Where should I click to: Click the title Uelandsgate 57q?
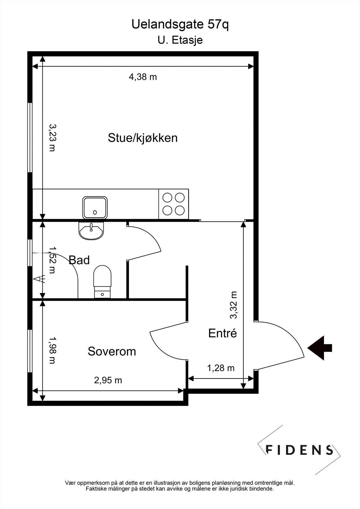[180, 25]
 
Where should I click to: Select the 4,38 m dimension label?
[143, 77]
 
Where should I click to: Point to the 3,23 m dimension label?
[52, 137]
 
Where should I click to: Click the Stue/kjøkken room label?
[143, 138]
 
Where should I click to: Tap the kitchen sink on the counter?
[95, 207]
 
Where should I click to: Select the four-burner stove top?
[173, 204]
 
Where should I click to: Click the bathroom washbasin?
[91, 230]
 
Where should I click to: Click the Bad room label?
[79, 260]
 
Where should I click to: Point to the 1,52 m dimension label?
[52, 260]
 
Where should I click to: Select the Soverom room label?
[112, 352]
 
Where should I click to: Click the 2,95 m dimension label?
[108, 380]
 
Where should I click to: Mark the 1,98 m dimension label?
[52, 350]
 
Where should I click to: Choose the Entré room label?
[222, 333]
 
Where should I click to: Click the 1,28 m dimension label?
[221, 368]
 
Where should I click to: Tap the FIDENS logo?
[299, 450]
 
